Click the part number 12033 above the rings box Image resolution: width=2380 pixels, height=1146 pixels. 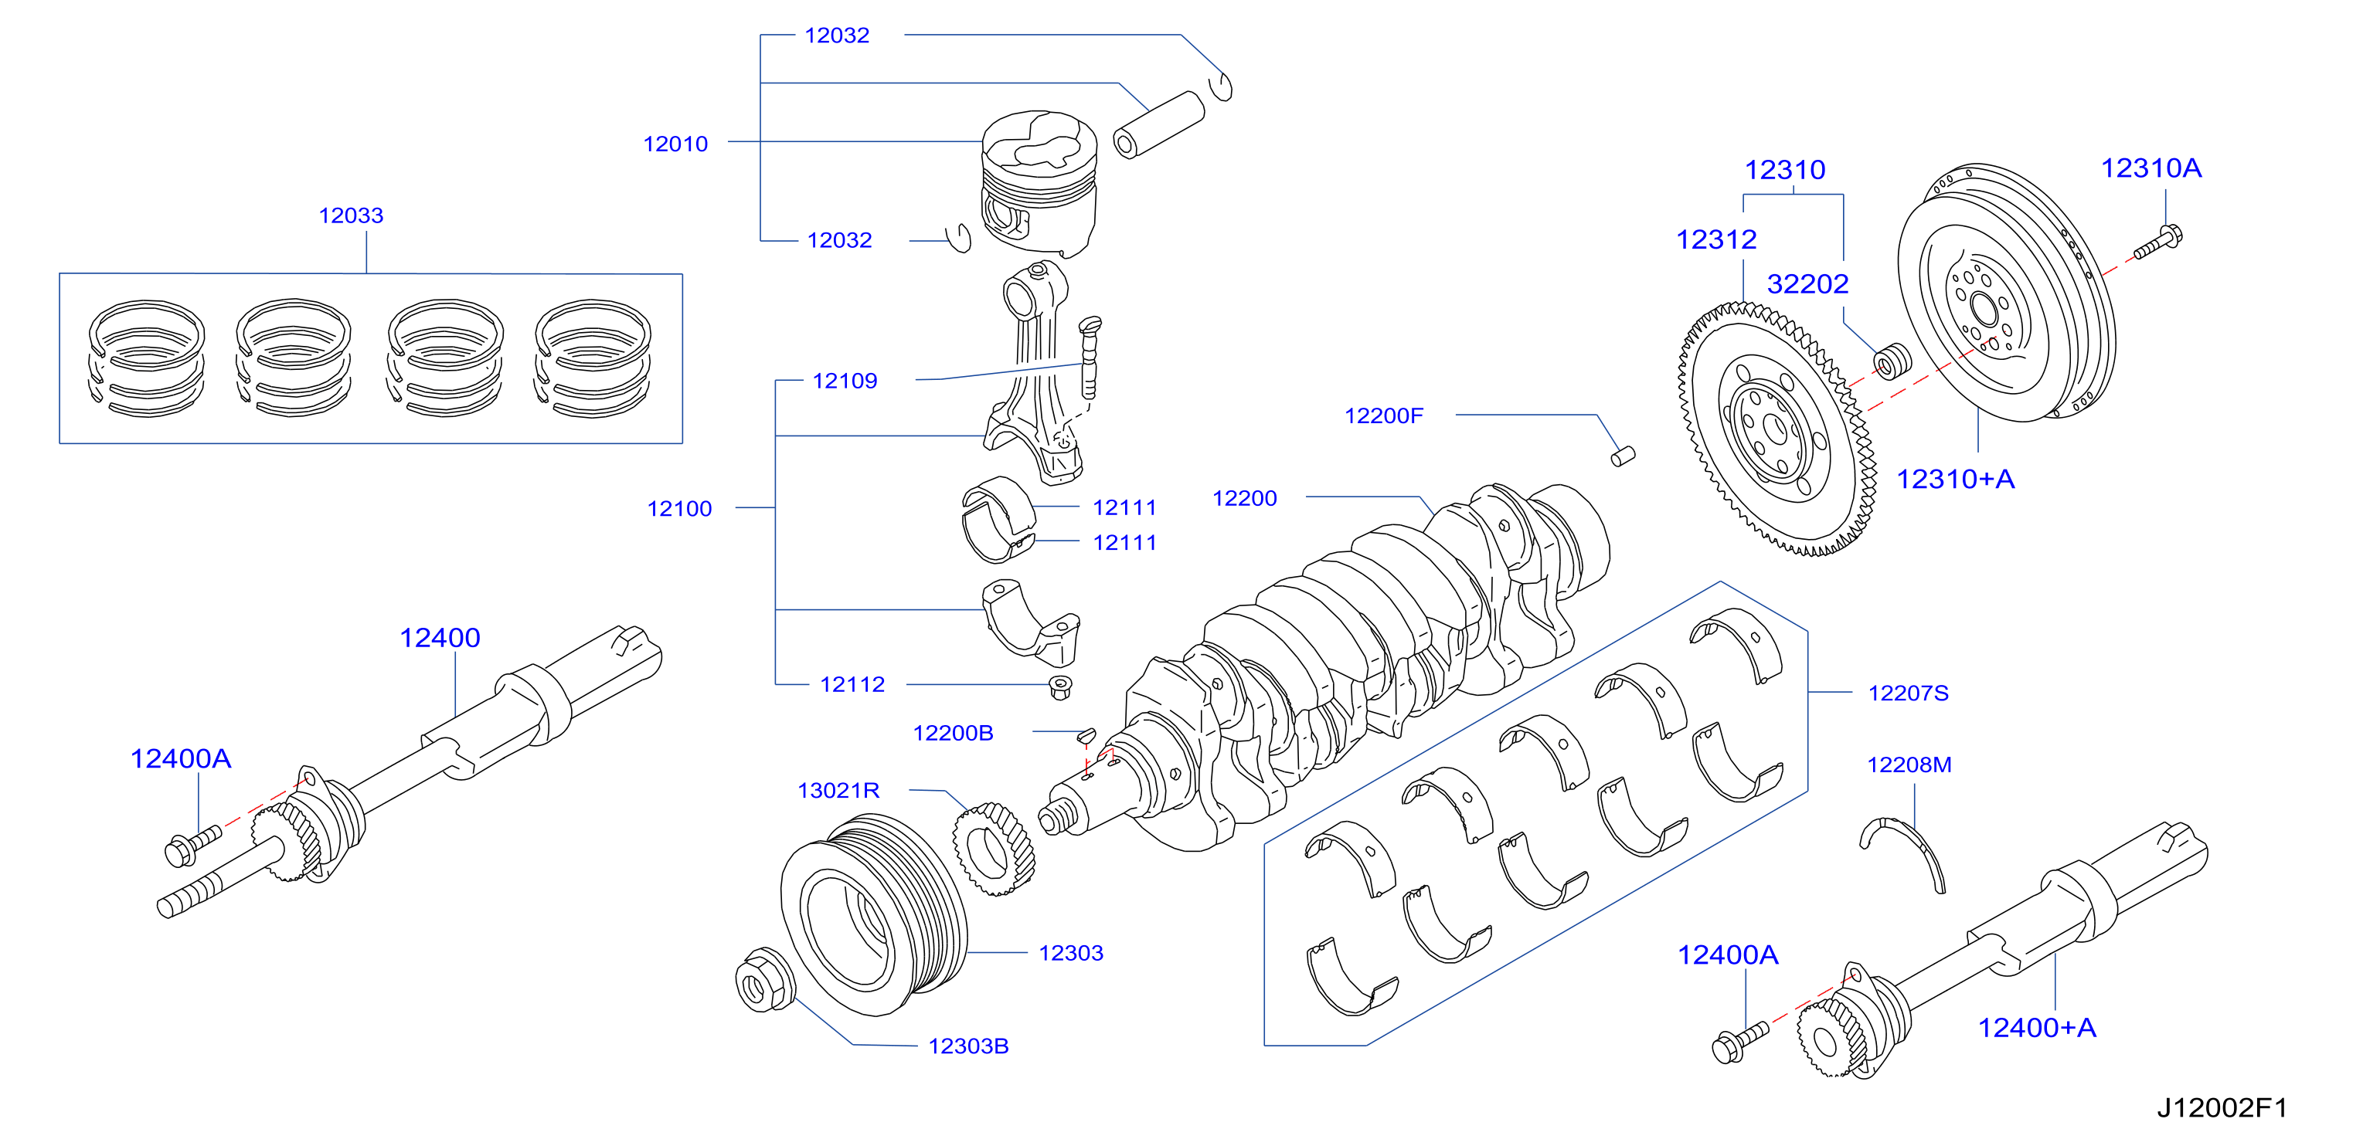(x=351, y=215)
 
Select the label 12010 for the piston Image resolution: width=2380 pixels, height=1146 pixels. (x=675, y=144)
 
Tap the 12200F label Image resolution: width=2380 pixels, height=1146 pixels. (x=1384, y=415)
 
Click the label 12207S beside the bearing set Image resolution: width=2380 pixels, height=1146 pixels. (x=1908, y=693)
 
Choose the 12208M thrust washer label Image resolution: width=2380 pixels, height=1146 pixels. (x=1909, y=765)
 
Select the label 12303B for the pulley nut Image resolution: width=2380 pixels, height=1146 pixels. (x=968, y=1046)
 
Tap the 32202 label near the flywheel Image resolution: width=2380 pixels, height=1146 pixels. (x=1807, y=283)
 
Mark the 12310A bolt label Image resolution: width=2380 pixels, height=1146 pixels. (x=2150, y=168)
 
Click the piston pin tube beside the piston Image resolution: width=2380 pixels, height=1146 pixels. (x=1158, y=124)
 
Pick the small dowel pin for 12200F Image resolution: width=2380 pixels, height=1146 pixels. (x=1623, y=456)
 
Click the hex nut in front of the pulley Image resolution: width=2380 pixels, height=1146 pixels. (x=764, y=980)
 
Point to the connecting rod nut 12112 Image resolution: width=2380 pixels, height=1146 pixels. (x=1061, y=688)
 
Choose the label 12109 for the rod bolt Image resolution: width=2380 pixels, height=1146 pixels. (x=845, y=381)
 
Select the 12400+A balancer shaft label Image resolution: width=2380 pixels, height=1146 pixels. (x=2036, y=1028)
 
